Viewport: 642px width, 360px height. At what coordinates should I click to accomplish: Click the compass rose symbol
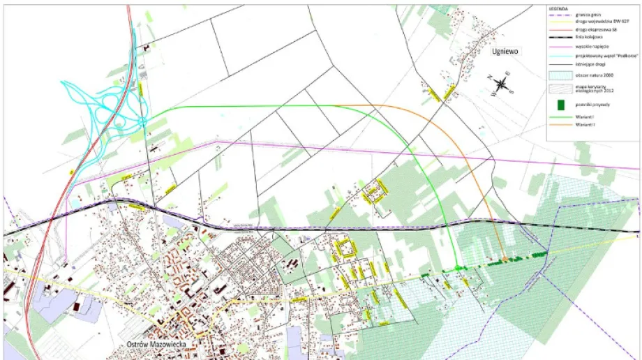(x=502, y=85)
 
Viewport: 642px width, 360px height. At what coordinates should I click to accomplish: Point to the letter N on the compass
(x=491, y=77)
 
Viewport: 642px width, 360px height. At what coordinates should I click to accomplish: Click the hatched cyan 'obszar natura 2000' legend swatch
(x=560, y=75)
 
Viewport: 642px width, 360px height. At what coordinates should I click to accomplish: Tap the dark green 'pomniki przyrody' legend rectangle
(x=560, y=104)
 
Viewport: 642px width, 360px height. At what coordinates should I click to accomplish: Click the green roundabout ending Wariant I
(x=458, y=268)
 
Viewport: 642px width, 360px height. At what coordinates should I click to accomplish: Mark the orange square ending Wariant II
(x=505, y=260)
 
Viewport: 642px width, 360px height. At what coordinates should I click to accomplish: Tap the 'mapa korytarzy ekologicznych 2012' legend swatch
(x=560, y=88)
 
